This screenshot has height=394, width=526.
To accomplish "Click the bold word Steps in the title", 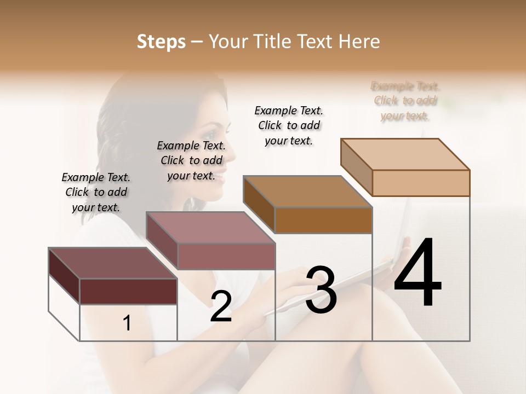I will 161,42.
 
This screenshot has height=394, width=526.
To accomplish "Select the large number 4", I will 418,274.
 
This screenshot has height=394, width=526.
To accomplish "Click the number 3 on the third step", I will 321,290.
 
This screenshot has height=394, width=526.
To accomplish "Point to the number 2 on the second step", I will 221,306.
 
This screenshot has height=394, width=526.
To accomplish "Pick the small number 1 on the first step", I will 127,323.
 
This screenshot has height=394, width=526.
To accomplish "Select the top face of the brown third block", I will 307,192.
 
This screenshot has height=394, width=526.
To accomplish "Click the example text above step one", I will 96,192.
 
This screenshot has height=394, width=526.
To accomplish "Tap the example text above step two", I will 191,160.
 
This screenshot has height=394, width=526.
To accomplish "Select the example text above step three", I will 289,125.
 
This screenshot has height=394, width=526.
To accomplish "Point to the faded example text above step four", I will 405,101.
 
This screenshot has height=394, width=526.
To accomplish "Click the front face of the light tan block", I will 421,183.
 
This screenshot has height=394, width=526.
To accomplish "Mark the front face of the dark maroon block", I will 128,291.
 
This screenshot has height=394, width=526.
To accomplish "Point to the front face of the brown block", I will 323,220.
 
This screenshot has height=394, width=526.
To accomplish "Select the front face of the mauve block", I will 226,256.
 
